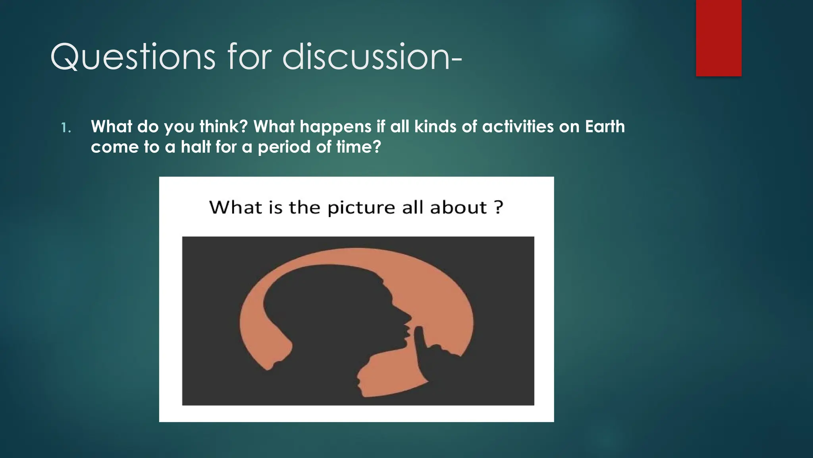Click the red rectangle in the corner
pyautogui.click(x=719, y=38)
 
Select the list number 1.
pyautogui.click(x=66, y=128)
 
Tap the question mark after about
pyautogui.click(x=499, y=207)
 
